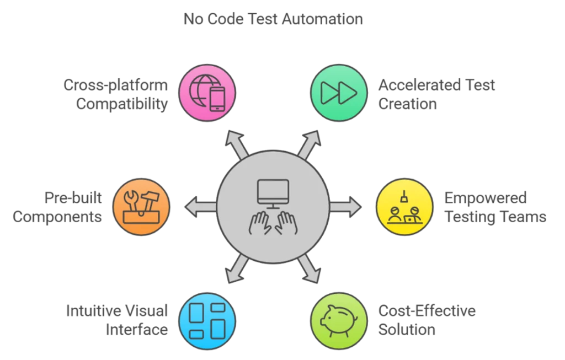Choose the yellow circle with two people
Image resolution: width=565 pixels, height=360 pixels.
(404, 206)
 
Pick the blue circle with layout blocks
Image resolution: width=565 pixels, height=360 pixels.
(207, 320)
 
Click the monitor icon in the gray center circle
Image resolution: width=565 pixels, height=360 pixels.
(273, 193)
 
